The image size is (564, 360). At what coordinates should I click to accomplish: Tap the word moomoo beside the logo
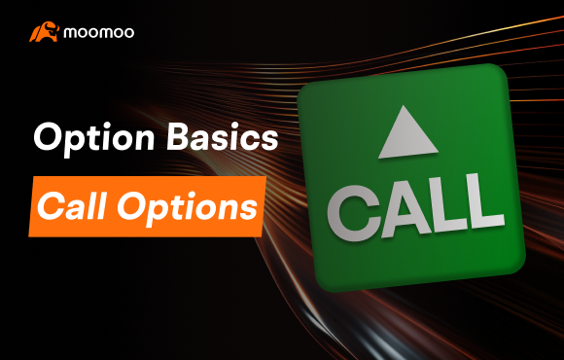pyautogui.click(x=99, y=32)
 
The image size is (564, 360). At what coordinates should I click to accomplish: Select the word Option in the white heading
pyautogui.click(x=81, y=138)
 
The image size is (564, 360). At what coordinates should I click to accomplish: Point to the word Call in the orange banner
pyautogui.click(x=70, y=206)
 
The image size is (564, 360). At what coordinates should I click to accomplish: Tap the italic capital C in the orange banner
pyautogui.click(x=51, y=205)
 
